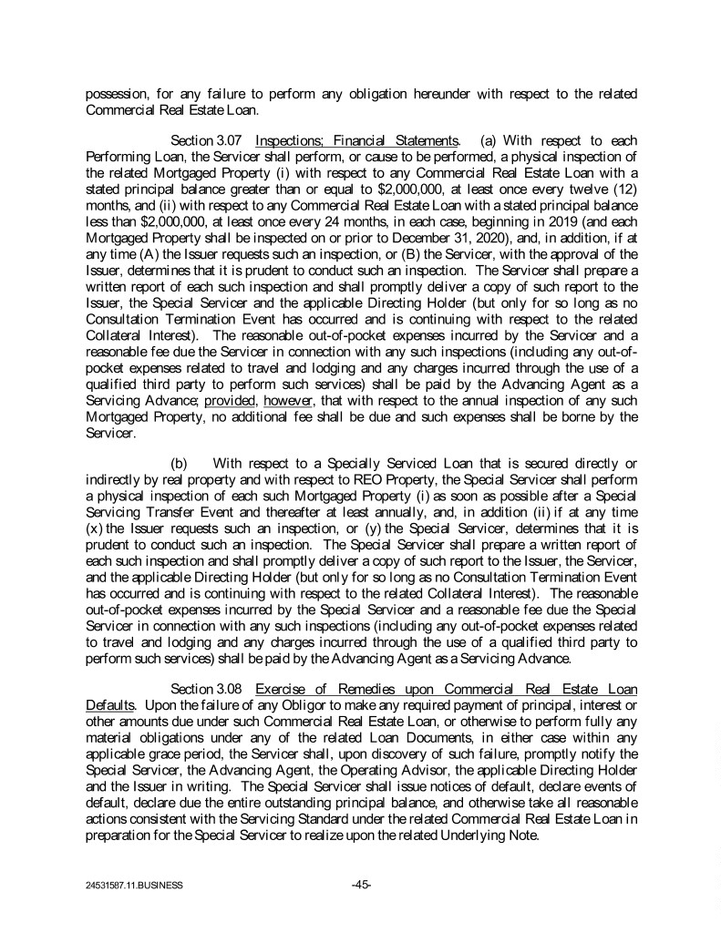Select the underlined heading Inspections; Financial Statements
[x=356, y=140]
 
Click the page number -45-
[x=360, y=883]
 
